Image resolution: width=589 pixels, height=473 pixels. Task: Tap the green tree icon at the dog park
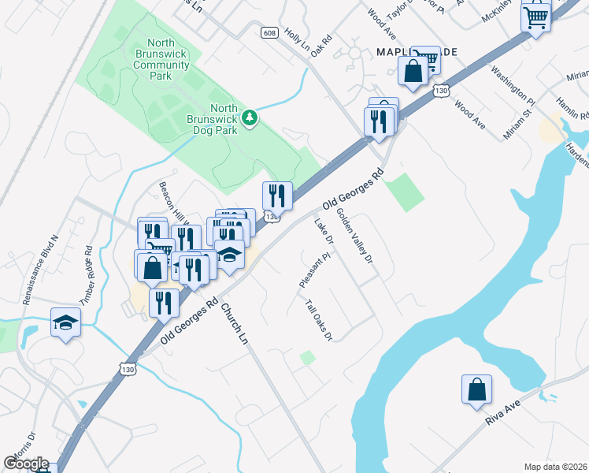tap(250, 117)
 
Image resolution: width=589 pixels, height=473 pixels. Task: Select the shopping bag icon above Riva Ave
tap(476, 390)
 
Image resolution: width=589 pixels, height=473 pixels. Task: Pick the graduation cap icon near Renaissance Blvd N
tap(66, 322)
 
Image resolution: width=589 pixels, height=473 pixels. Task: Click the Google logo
tap(26, 464)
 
